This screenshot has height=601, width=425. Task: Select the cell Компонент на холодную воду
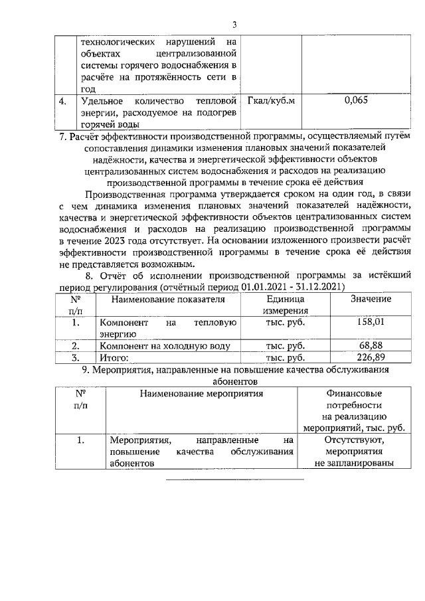pyautogui.click(x=165, y=345)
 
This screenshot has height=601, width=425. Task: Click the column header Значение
pyautogui.click(x=370, y=299)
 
